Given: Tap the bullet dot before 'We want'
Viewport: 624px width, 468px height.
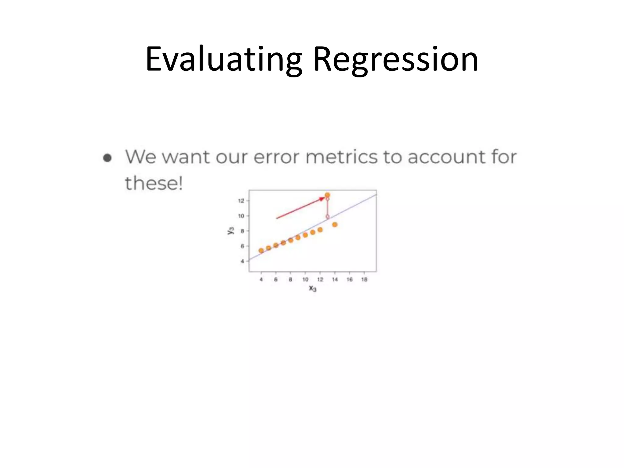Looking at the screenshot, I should point(107,158).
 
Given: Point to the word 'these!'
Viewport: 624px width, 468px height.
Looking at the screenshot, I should point(154,183).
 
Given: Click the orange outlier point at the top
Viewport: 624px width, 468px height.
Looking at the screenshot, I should point(327,195).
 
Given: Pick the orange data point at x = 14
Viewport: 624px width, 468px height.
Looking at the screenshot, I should point(335,225).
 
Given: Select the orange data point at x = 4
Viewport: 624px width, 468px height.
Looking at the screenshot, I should point(261,251).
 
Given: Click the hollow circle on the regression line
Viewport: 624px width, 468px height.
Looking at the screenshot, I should point(328,217).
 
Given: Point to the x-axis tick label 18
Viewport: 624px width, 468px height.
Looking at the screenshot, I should point(364,279).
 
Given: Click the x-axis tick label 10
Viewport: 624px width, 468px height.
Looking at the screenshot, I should point(305,279).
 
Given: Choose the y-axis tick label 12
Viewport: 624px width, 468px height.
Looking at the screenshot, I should point(241,201).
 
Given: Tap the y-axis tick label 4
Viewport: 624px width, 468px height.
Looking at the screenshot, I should point(243,261).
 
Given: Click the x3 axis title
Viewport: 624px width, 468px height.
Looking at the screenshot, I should point(313,288).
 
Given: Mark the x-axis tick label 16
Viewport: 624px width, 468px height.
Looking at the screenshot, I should point(349,279).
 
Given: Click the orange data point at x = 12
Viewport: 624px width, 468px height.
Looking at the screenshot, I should point(320,230).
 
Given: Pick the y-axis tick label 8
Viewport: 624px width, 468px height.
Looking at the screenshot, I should point(243,231).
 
